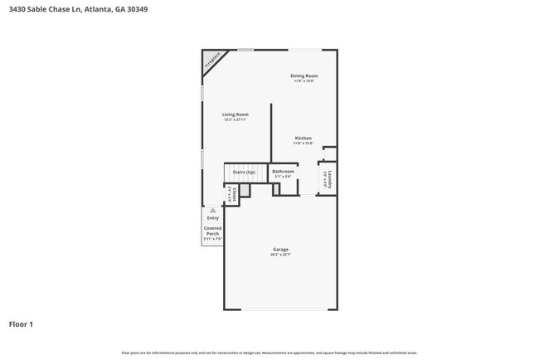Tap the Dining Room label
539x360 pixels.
point(304,75)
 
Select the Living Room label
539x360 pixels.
point(236,114)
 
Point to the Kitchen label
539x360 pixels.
point(303,138)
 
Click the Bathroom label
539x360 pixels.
point(283,172)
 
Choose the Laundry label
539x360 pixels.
point(329,180)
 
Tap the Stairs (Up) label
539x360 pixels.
point(244,172)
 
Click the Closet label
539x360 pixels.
point(235,193)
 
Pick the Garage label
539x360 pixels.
point(281,249)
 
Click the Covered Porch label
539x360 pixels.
point(213,231)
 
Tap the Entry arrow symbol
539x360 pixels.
point(212,211)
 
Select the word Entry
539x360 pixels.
point(213,218)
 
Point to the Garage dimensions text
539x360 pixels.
point(281,255)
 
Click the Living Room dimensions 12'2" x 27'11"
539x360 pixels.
point(236,119)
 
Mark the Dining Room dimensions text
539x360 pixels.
point(304,80)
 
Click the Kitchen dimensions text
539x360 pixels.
point(303,143)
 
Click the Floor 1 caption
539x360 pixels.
point(22,324)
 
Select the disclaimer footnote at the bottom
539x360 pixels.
point(269,352)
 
